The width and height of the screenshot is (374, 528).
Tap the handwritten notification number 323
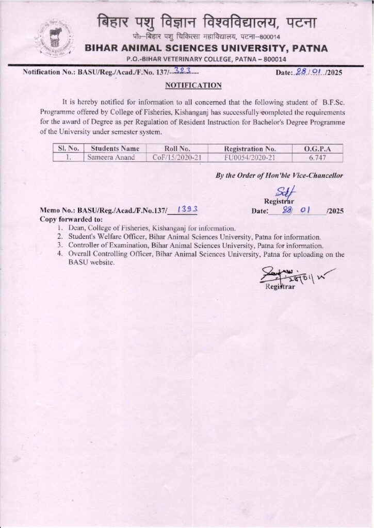184,72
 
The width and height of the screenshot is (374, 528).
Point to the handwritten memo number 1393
172,210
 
